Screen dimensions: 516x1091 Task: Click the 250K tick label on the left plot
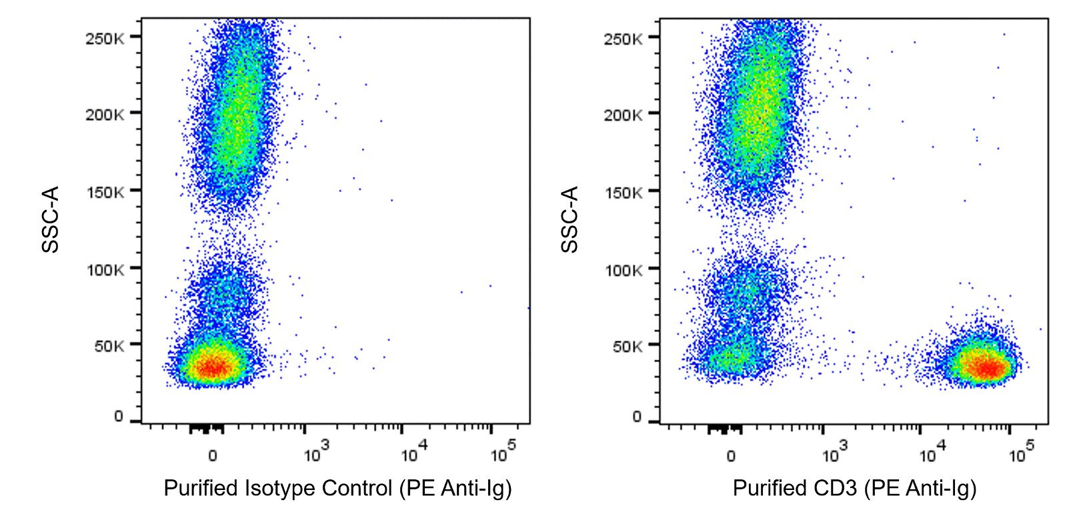105,38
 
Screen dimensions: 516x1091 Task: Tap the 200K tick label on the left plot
105,115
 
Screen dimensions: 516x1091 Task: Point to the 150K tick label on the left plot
105,192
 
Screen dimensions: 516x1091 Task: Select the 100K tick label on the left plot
105,269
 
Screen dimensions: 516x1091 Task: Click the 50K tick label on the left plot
109,346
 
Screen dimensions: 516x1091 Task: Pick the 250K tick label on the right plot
624,38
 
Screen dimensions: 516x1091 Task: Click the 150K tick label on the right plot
624,192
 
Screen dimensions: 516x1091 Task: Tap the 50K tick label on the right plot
628,346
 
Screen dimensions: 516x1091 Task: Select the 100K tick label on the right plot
624,269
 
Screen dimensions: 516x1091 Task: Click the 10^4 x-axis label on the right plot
932,455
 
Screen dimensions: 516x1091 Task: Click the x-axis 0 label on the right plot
731,456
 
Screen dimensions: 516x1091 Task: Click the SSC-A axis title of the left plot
51,219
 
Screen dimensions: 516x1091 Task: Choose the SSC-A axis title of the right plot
570,219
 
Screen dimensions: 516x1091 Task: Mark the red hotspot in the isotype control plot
213,366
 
